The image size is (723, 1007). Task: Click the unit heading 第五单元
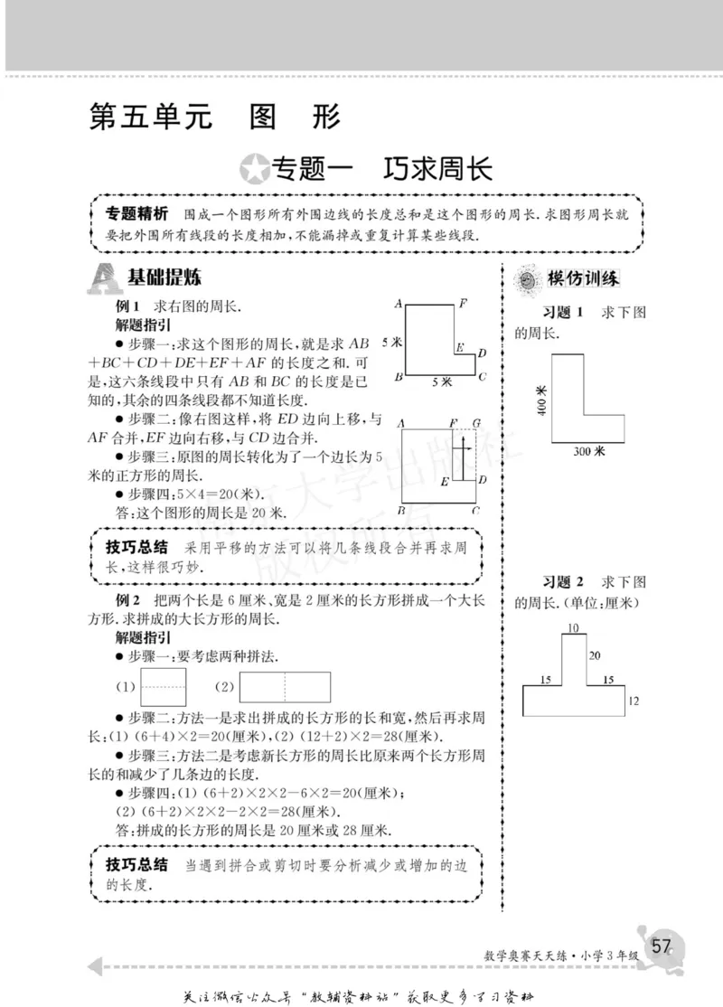coord(150,118)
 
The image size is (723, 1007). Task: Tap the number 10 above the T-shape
coord(573,626)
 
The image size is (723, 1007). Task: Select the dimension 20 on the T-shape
coord(594,655)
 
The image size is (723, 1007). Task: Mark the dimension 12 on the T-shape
coord(633,701)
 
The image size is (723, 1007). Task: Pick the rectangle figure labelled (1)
coord(163,687)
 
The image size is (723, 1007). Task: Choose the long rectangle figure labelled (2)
coord(286,687)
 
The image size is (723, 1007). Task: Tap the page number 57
coord(662,946)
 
